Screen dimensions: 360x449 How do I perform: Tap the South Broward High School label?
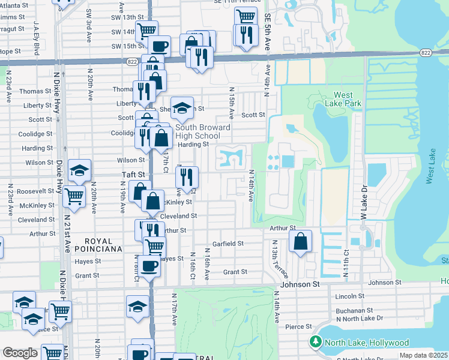203,131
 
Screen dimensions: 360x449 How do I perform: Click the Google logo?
20,353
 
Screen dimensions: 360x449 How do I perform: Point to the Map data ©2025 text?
423,355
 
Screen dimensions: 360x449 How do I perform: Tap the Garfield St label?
228,244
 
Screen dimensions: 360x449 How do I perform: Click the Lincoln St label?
350,296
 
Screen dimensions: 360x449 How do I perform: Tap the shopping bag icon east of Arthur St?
300,241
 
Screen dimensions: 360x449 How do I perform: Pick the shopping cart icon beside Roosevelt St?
74,194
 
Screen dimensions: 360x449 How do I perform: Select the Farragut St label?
13,28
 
